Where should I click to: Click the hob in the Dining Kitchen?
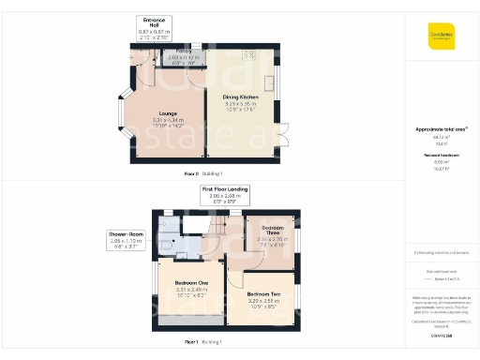point(252,55)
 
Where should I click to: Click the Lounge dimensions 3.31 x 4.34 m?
point(167,120)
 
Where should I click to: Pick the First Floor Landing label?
point(225,189)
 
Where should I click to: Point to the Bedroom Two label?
point(262,294)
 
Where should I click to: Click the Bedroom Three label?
point(273,230)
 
